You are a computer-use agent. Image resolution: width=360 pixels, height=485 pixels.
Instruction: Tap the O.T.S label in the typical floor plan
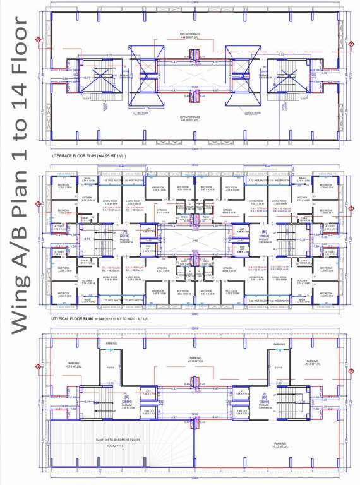coord(195,240)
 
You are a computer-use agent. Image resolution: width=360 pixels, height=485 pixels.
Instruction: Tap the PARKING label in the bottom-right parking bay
coord(280,444)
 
